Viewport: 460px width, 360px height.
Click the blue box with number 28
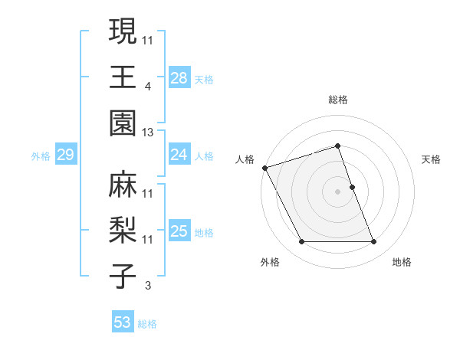(x=179, y=77)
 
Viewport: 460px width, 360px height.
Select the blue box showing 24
(x=179, y=155)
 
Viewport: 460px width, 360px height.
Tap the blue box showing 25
(x=179, y=231)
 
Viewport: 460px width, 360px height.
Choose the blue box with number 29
(x=65, y=155)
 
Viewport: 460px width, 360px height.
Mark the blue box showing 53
(x=122, y=322)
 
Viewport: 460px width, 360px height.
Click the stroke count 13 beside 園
(x=148, y=133)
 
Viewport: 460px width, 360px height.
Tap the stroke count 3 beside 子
(x=148, y=286)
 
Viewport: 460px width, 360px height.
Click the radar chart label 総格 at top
(x=338, y=100)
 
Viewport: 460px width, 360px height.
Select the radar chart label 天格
(x=431, y=159)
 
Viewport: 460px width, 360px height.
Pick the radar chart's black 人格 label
(x=245, y=159)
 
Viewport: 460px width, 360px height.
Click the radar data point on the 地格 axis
(x=374, y=242)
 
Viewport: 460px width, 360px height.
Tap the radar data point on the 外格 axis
(x=302, y=242)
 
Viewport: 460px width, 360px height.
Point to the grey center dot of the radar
(x=338, y=191)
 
